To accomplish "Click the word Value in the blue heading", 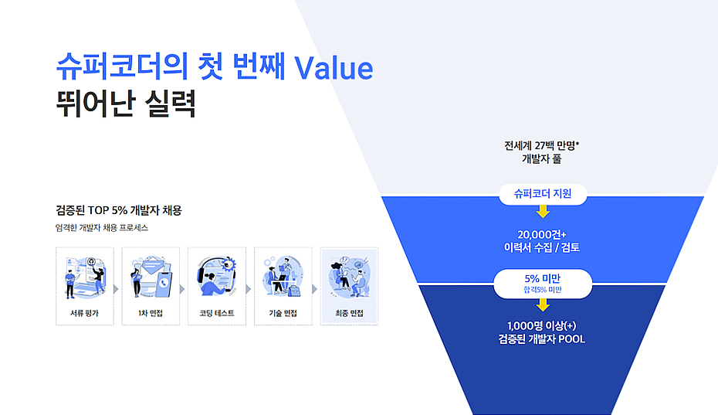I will click(x=334, y=68).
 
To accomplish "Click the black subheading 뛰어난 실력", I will click(x=126, y=104).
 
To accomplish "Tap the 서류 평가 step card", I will click(x=85, y=286).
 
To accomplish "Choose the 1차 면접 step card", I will click(x=151, y=286).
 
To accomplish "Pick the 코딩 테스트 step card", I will click(x=217, y=286).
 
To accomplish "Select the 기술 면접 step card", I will click(x=283, y=286).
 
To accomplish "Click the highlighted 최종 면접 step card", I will click(x=349, y=286).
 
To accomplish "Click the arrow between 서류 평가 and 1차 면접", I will click(x=117, y=289).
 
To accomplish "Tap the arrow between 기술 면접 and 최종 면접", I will click(x=315, y=289).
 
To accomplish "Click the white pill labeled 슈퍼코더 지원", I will click(x=543, y=194).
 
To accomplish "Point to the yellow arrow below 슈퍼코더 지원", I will click(x=543, y=211).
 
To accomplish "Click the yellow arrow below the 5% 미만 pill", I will click(x=543, y=301).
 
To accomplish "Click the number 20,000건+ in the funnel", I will click(x=542, y=235).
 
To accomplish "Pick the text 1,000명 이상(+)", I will click(x=542, y=325).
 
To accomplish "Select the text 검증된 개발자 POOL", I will click(x=542, y=338).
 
